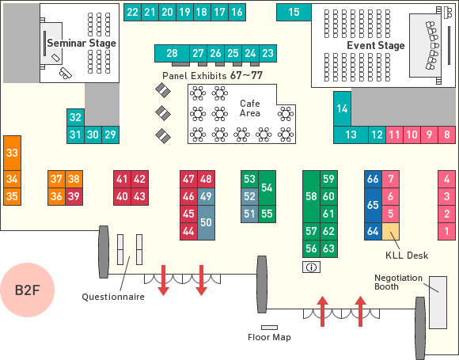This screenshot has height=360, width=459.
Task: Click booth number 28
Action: coord(172,53)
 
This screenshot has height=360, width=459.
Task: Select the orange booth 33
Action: coord(13,153)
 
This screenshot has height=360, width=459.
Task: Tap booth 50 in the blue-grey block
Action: coord(206,222)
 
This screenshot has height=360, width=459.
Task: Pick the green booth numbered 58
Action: coord(311,196)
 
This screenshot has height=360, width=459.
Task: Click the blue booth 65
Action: coord(373,205)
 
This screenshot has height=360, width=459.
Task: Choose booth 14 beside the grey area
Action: coord(342,109)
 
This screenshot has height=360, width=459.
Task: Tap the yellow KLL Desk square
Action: coord(390,231)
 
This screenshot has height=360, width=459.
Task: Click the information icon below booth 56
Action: coord(311,267)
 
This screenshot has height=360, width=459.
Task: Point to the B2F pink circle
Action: coord(27,290)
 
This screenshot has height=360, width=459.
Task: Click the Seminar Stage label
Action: coord(82,44)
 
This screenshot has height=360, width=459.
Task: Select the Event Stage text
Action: coord(376,46)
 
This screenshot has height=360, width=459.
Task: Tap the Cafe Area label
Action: coord(250,108)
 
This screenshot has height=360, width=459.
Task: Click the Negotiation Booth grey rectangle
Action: coord(438,302)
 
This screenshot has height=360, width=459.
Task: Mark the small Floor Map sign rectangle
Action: coord(269,328)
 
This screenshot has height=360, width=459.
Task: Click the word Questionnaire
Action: coord(113,297)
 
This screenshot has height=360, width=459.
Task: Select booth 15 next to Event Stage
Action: coord(294,13)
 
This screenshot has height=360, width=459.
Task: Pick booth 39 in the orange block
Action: coord(74,196)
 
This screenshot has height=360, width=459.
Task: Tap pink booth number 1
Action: coord(446,231)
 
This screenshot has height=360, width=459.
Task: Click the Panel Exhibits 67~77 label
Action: coord(212,75)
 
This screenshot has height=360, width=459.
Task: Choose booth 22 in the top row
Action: coord(132,13)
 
